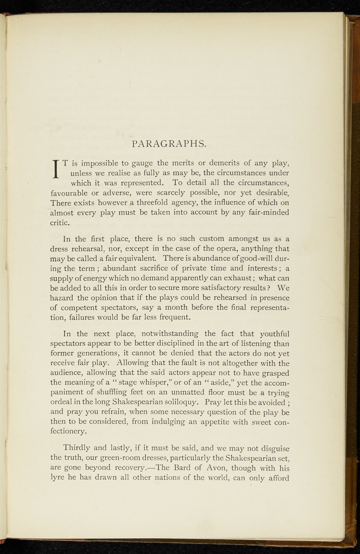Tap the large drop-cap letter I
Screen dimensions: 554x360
(56, 169)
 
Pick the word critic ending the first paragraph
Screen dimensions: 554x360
(60, 223)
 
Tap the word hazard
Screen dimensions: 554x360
(62, 298)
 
